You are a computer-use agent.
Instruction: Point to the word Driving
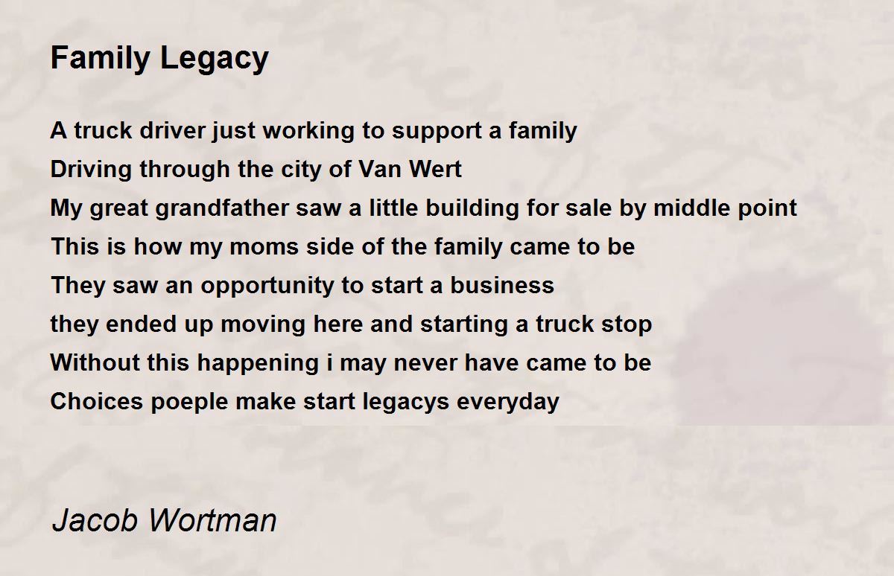click(x=93, y=170)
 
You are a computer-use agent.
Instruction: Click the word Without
click(x=95, y=363)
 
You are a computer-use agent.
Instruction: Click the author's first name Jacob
click(x=94, y=519)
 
